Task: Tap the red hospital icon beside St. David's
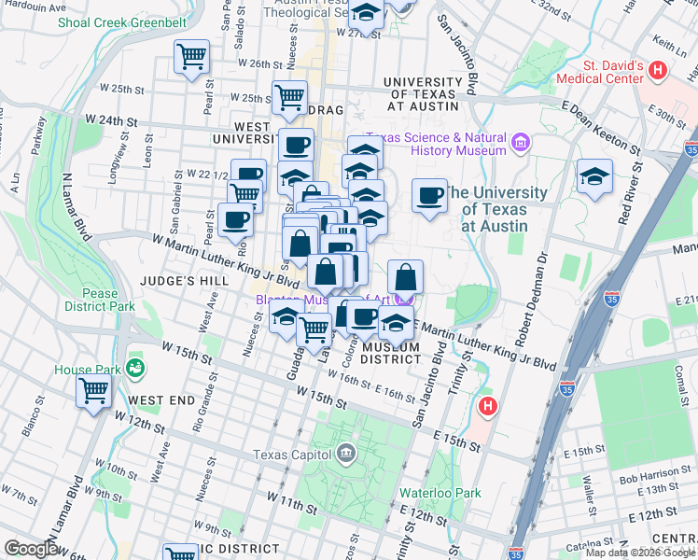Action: [659, 69]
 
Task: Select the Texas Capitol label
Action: [293, 455]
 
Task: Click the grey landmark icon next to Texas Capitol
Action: [346, 455]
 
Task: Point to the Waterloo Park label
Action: [440, 493]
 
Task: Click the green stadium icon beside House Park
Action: [136, 368]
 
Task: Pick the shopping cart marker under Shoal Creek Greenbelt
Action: [192, 58]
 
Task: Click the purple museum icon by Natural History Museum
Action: [521, 144]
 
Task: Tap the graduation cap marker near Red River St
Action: [593, 175]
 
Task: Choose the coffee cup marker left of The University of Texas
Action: [429, 195]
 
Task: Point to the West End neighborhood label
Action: [161, 400]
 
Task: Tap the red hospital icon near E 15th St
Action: [486, 407]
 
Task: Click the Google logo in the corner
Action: [31, 549]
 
